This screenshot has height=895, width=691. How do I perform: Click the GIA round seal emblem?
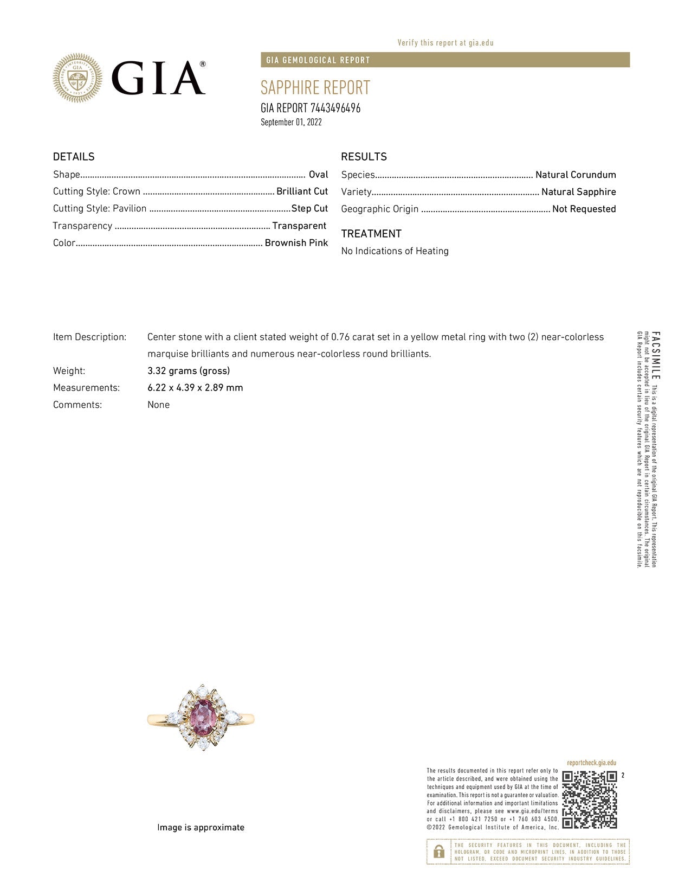[x=77, y=78]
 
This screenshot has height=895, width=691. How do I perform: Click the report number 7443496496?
[x=335, y=108]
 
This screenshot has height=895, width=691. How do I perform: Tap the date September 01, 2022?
[x=291, y=122]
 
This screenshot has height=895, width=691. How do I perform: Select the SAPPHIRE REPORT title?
[x=315, y=87]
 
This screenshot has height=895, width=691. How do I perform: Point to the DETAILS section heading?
[x=74, y=157]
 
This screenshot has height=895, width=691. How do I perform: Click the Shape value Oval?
[x=318, y=175]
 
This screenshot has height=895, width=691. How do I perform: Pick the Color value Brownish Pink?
[x=296, y=243]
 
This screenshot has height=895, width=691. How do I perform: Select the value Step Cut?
[x=309, y=208]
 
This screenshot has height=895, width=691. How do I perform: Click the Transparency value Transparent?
[x=299, y=226]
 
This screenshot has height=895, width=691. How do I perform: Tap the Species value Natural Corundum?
[x=576, y=175]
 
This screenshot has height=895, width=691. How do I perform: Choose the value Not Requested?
[x=584, y=209]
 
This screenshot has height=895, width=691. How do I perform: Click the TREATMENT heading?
[x=371, y=234]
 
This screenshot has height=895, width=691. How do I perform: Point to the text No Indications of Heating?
[x=395, y=251]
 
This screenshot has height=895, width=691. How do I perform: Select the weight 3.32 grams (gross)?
[x=189, y=371]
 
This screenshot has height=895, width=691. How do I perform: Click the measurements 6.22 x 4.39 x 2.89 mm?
[x=195, y=388]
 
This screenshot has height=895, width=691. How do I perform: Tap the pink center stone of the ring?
[x=202, y=714]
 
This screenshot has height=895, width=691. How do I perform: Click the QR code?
[x=589, y=800]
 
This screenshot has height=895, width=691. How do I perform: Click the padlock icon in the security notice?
[x=439, y=852]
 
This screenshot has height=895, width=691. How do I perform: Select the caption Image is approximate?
[x=201, y=827]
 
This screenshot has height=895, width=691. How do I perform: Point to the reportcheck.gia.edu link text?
[x=591, y=763]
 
